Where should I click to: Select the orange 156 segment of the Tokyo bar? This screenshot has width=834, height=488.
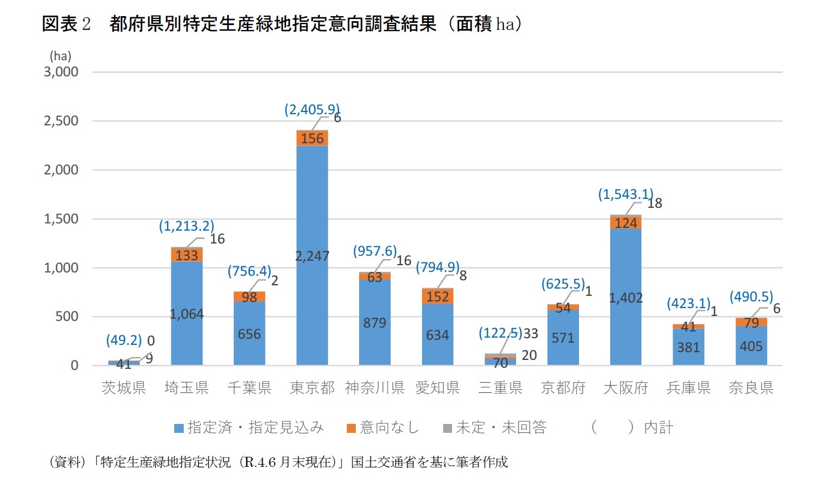[312, 138]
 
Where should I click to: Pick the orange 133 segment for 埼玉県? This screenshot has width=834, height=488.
[187, 255]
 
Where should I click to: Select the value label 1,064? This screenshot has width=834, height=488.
[187, 314]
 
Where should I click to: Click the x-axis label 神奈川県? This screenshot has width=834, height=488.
[374, 388]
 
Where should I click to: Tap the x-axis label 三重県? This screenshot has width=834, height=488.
[500, 388]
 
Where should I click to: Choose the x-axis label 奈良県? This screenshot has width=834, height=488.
[750, 388]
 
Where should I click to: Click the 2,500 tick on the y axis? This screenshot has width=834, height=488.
[61, 121]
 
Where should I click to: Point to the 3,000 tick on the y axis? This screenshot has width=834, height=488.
[61, 72]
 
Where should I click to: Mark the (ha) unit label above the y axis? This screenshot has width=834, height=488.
[60, 56]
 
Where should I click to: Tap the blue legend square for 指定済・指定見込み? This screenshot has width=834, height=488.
[179, 428]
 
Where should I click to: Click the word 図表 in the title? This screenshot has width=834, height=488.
[59, 24]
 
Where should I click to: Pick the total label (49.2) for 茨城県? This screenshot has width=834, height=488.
[124, 340]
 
